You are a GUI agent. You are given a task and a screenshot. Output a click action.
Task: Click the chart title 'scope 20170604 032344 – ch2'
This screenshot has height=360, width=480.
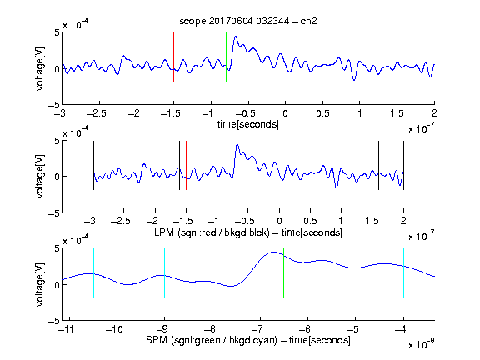[x=248, y=21]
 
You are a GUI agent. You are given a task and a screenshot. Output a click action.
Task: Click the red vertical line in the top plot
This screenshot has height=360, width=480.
[x=174, y=57]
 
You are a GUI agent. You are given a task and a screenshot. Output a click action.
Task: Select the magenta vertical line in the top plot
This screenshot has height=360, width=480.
[x=397, y=57]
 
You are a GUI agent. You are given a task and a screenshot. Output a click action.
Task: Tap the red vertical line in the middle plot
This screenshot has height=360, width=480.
[x=186, y=165]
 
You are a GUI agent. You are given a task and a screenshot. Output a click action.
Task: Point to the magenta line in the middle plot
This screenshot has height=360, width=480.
[x=372, y=165]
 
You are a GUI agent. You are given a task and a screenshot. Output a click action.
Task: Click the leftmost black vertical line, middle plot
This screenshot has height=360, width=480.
[x=93, y=165]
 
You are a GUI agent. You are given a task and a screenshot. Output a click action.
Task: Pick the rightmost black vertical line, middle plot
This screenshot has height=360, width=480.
[x=403, y=165]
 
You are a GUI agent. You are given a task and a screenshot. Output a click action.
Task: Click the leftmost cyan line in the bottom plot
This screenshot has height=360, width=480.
[x=93, y=272]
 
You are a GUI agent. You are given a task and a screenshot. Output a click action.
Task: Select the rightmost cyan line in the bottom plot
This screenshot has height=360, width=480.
[x=403, y=272]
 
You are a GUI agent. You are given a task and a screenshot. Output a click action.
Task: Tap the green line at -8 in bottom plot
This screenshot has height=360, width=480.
[x=212, y=272]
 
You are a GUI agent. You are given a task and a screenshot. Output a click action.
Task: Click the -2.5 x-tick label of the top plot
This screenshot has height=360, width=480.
[x=97, y=113]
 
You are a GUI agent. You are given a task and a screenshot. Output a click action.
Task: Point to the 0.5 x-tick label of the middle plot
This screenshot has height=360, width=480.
[x=310, y=221]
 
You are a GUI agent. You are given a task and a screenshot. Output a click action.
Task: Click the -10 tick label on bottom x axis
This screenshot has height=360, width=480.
[x=114, y=329]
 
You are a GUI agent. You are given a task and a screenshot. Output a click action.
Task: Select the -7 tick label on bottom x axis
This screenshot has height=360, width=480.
[x=259, y=329]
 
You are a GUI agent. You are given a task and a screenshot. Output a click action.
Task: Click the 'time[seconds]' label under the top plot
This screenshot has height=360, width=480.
[x=248, y=125]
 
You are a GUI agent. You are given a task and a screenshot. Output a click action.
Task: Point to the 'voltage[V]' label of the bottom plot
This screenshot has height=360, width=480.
[x=40, y=285]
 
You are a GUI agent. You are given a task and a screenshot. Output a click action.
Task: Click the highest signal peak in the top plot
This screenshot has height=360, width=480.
[x=235, y=37]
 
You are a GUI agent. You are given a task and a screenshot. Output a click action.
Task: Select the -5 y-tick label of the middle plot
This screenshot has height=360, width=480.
[x=54, y=213]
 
